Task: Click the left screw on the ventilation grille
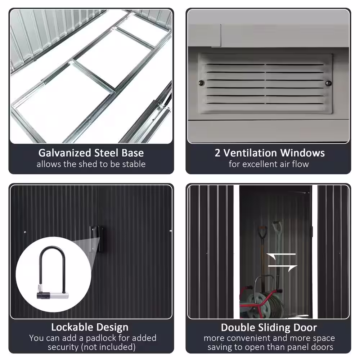coord(202,83)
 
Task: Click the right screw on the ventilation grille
coord(329,83)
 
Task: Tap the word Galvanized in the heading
coord(65,153)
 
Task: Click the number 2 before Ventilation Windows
coord(217,153)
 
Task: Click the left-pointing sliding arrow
coord(281,255)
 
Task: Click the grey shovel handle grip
coord(277,227)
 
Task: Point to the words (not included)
coord(108,347)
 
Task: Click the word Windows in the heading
coord(302,153)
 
